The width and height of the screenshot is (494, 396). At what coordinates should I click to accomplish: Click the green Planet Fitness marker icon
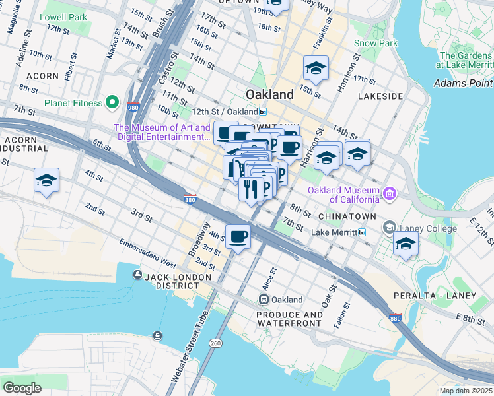coord(112,103)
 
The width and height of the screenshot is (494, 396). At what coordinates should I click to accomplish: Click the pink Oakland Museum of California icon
coord(390,193)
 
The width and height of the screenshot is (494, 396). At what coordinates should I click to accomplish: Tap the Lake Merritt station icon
coord(362,232)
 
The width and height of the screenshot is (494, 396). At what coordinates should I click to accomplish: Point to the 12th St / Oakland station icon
coord(263,111)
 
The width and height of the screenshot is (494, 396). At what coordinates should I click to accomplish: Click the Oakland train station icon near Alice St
coord(264,300)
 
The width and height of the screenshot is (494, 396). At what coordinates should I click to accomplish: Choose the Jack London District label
coord(172,280)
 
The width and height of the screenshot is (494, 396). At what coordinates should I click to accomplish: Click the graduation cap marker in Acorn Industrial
coord(46,180)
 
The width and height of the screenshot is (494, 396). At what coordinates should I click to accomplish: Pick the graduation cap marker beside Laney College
coord(405,244)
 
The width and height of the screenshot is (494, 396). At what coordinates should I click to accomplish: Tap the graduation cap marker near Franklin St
coord(316,68)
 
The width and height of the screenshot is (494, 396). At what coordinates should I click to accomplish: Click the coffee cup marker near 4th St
coord(238,236)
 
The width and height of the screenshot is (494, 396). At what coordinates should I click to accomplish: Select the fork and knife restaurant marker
coord(251,189)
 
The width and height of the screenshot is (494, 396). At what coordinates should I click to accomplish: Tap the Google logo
coord(22,387)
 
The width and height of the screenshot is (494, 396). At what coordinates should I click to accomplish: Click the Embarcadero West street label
coord(149,253)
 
